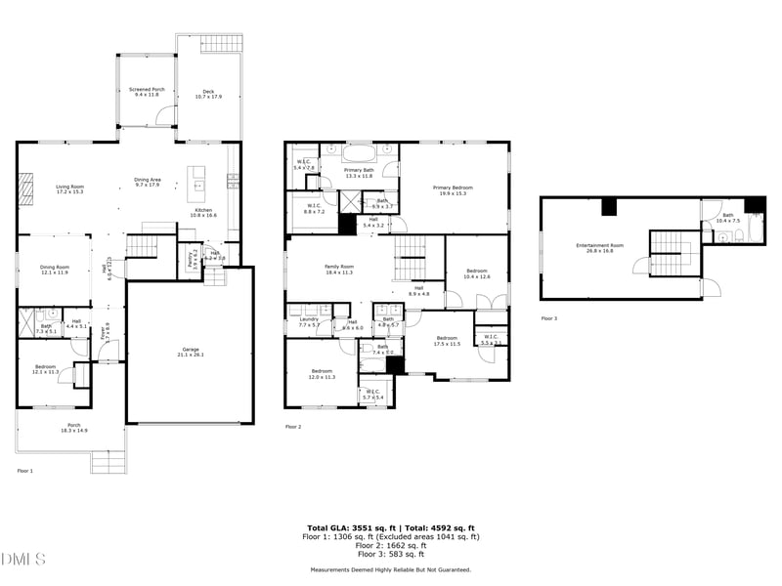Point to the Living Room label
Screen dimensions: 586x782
[69, 188]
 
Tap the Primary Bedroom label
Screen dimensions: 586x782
[455, 189]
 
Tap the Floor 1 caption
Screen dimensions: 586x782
[24, 471]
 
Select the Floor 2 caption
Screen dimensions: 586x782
[293, 427]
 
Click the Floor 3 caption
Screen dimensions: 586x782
[549, 318]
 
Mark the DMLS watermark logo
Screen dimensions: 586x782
[23, 559]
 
